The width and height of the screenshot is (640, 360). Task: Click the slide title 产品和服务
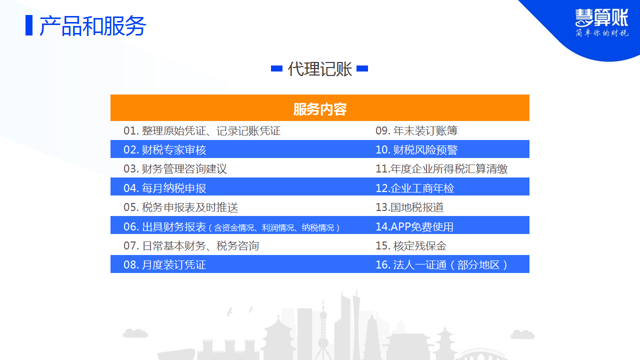93,26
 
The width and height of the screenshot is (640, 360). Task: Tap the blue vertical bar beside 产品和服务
29,25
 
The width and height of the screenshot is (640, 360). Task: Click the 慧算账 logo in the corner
601,17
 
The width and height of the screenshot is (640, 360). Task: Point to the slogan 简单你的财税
602,33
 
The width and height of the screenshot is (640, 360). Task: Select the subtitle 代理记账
319,69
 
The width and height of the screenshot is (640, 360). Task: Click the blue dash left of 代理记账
276,68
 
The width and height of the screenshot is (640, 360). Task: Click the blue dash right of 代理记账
362,68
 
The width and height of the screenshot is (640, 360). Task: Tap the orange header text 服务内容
320,109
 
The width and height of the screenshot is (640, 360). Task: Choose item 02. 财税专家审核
165,149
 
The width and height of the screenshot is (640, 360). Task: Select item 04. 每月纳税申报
165,188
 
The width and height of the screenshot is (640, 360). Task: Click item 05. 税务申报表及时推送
181,207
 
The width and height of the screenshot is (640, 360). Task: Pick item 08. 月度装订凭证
165,264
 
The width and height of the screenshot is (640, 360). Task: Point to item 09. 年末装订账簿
416,130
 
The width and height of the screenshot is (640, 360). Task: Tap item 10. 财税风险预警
416,149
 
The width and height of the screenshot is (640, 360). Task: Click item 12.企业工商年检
414,188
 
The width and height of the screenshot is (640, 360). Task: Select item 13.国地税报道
409,207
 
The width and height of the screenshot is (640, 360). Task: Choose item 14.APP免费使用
414,226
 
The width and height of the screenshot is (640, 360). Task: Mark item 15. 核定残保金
411,245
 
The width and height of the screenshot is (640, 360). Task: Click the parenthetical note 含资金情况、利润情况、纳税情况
274,227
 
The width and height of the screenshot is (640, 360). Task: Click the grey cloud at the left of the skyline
135,333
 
